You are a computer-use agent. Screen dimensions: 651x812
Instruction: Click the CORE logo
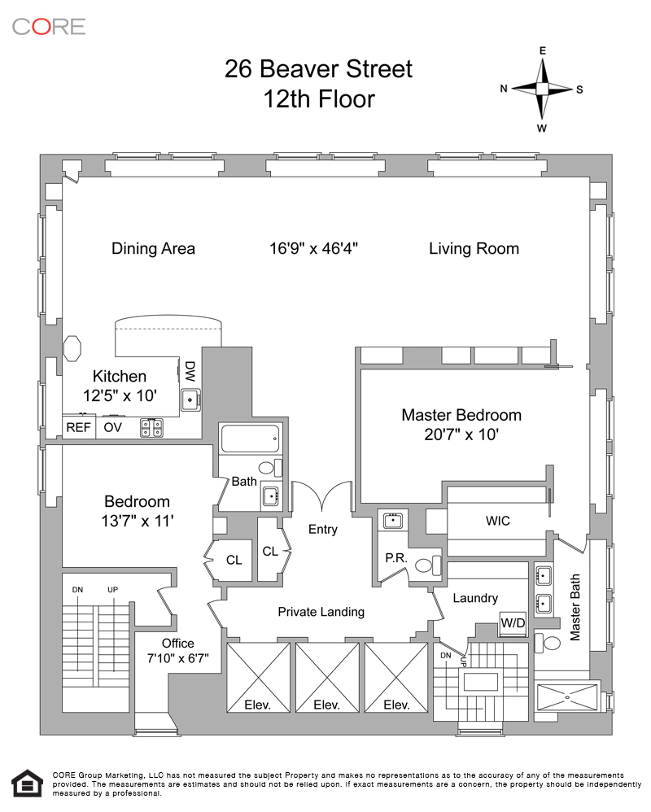(x=49, y=27)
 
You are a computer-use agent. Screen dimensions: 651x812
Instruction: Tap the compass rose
(x=542, y=89)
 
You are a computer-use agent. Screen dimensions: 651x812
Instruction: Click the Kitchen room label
(x=120, y=376)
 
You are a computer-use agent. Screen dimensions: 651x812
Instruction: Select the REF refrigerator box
(x=79, y=427)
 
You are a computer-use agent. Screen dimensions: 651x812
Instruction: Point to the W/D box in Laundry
(x=513, y=622)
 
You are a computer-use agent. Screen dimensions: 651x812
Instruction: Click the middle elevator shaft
(x=327, y=678)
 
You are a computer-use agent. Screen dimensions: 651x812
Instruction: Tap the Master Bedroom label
(x=461, y=415)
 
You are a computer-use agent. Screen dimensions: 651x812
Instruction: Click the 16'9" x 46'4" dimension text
(x=314, y=249)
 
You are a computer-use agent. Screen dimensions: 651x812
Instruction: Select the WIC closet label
(x=498, y=521)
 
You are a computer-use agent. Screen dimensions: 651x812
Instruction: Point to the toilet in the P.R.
(x=428, y=565)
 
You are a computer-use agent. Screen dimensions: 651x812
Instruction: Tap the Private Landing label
(x=321, y=612)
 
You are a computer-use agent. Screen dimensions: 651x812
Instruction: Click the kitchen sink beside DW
(x=190, y=399)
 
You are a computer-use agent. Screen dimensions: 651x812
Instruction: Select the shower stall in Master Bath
(x=567, y=697)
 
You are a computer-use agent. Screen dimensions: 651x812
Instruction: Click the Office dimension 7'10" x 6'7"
(x=177, y=658)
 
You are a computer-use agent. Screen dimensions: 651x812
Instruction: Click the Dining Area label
(x=153, y=249)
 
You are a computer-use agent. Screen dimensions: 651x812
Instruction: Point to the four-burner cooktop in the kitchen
(x=151, y=428)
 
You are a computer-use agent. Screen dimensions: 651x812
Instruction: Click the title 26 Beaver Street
(x=318, y=69)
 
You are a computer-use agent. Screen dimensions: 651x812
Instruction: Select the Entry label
(x=322, y=529)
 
